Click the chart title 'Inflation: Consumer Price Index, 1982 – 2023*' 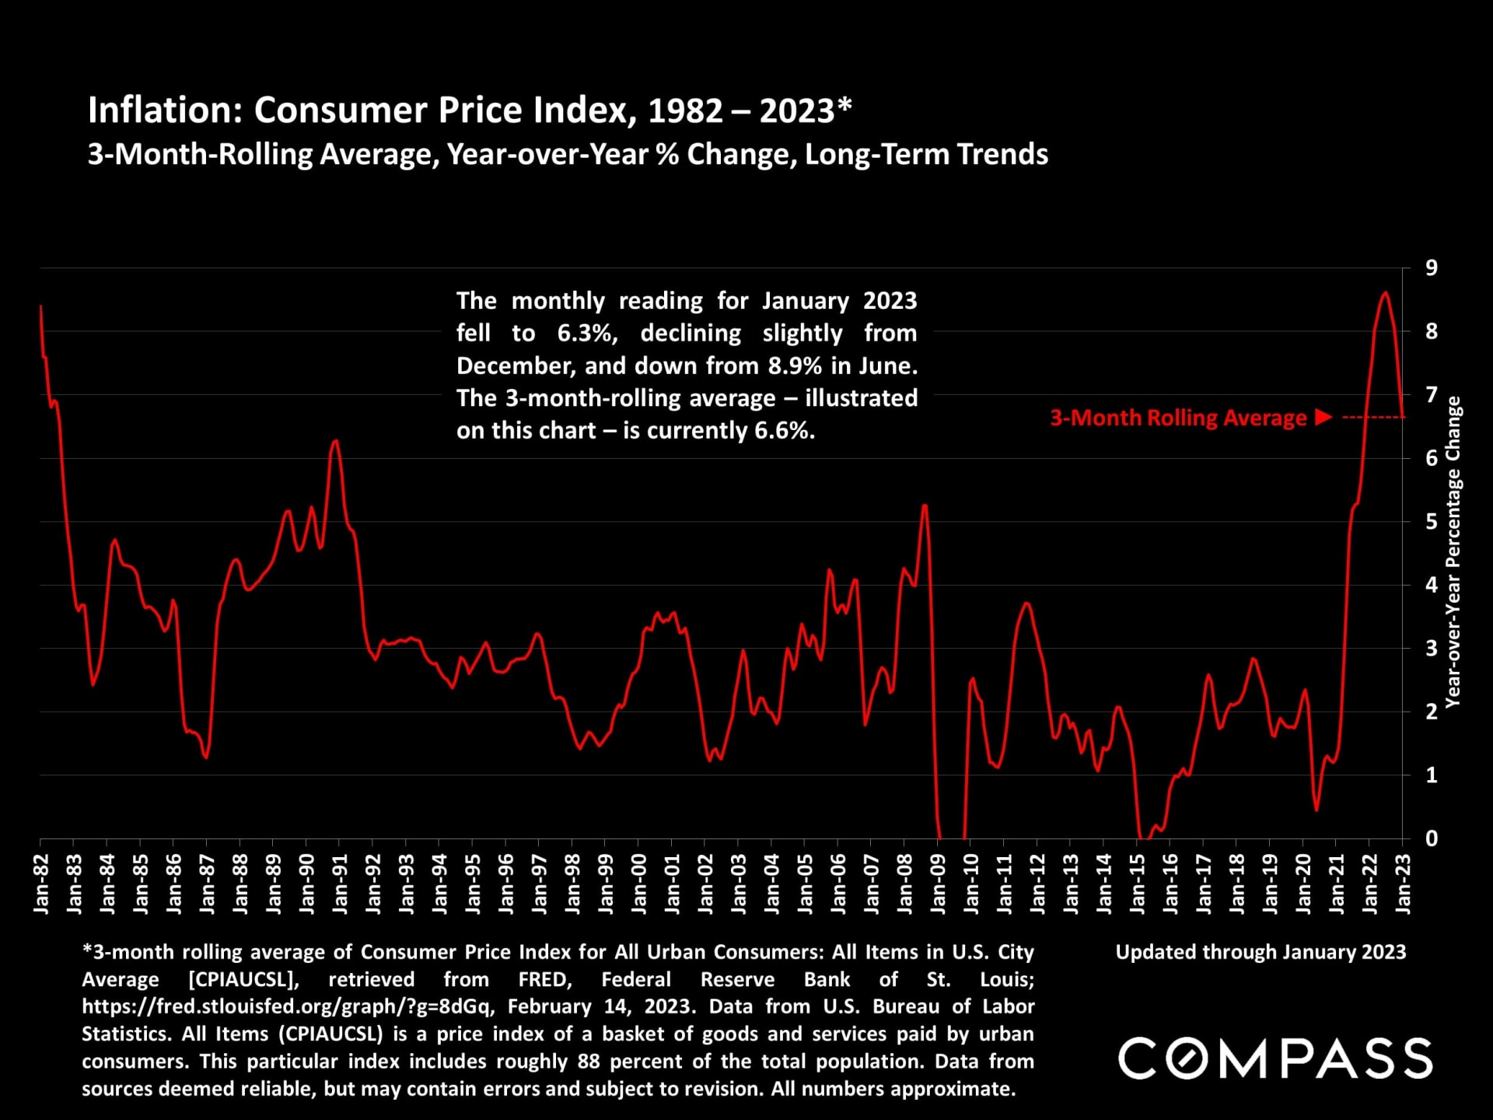coord(470,110)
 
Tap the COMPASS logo coord(1275,1059)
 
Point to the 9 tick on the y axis coord(1432,268)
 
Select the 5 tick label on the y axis coord(1432,522)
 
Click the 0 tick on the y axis coord(1432,838)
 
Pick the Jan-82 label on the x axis coord(41,883)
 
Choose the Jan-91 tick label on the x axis coord(340,883)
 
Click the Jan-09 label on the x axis coord(938,883)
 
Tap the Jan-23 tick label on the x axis coord(1403,883)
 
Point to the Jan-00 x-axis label coord(639,883)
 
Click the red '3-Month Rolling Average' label coord(1178,418)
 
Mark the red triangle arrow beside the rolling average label coord(1323,418)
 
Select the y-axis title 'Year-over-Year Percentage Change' coord(1453,552)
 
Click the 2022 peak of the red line coord(1385,292)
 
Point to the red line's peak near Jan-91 coord(335,441)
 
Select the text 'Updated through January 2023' coord(1260,952)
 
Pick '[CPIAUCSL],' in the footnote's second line coord(243,979)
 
